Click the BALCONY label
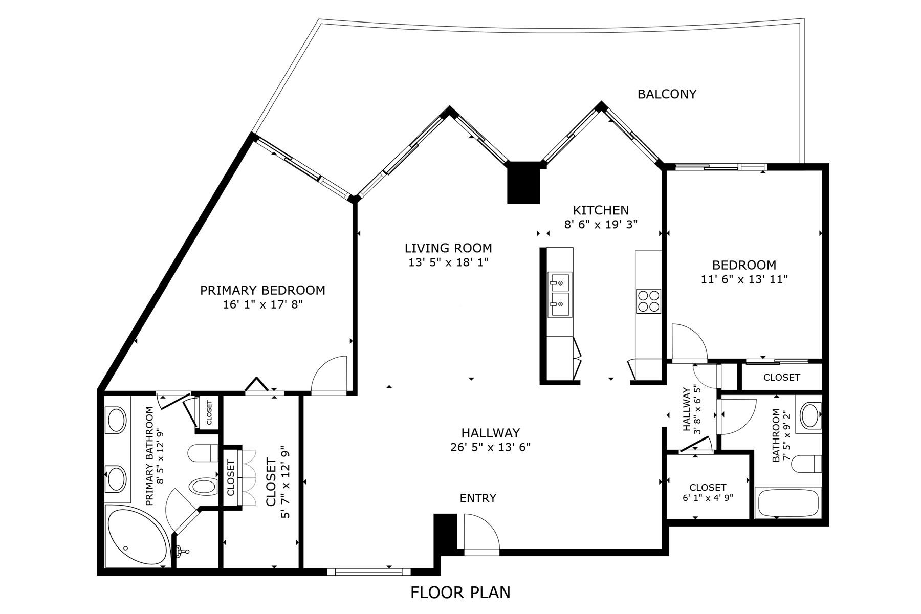pyautogui.click(x=667, y=94)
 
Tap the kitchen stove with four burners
pyautogui.click(x=648, y=301)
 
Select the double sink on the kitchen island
pyautogui.click(x=560, y=295)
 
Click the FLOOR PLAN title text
pyautogui.click(x=460, y=593)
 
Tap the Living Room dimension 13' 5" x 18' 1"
pyautogui.click(x=448, y=262)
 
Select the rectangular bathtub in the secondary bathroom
pyautogui.click(x=788, y=503)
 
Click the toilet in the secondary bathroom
pyautogui.click(x=805, y=464)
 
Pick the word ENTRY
pyautogui.click(x=478, y=498)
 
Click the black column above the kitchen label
pyautogui.click(x=523, y=183)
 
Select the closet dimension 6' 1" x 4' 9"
pyautogui.click(x=708, y=497)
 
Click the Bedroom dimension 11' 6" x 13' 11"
pyautogui.click(x=744, y=279)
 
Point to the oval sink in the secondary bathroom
pyautogui.click(x=810, y=416)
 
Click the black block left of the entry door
pyautogui.click(x=445, y=532)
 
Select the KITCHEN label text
pyautogui.click(x=601, y=210)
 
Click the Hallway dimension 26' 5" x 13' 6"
pyautogui.click(x=490, y=447)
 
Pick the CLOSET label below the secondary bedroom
pyautogui.click(x=781, y=378)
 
